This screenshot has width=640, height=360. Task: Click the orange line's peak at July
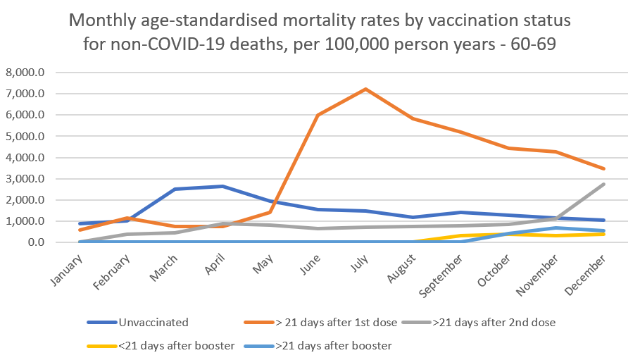point(365,89)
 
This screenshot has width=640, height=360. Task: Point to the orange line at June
point(318,116)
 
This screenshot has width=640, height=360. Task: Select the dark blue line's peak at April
point(223,186)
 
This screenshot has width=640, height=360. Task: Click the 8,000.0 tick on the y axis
point(25,73)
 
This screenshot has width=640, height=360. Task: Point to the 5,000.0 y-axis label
point(25,136)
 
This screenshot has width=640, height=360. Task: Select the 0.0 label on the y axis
point(34,242)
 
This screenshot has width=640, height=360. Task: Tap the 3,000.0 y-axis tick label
point(25,179)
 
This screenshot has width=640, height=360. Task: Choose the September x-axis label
point(446,273)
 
